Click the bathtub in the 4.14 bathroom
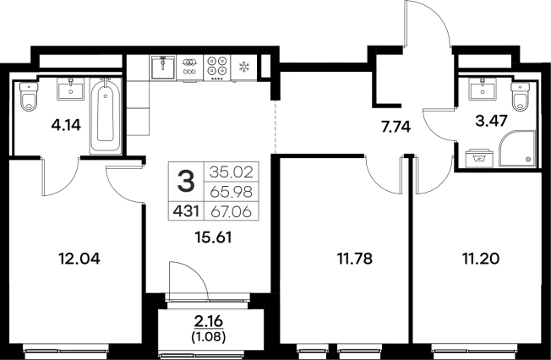106,116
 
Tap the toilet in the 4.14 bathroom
29,96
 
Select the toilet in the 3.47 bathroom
520,96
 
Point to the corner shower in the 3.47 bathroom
517,149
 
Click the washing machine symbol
479,159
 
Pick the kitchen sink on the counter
163,67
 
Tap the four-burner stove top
217,68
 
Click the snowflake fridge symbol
243,67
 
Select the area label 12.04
79,259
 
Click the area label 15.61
213,238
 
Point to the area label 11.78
355,259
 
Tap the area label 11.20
480,259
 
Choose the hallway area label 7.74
396,127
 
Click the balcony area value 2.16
209,321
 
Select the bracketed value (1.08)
209,337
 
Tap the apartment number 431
186,211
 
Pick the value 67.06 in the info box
232,212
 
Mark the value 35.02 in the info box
232,172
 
